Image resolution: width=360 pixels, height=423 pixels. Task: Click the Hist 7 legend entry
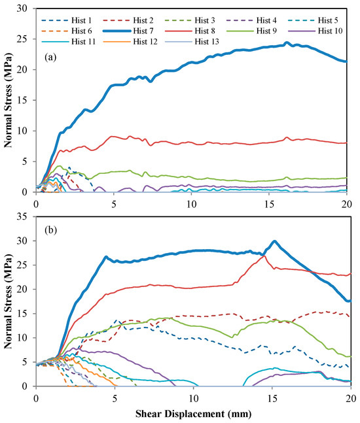coord(128,31)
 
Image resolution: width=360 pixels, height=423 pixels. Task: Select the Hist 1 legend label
coord(81,20)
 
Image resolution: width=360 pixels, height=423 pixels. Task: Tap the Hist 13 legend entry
coord(192,42)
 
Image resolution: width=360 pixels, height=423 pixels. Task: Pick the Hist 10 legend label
coord(330,31)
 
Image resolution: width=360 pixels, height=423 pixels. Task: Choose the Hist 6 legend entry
coord(67,31)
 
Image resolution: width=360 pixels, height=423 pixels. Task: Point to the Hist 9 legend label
coord(266,31)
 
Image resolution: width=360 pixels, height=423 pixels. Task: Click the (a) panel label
coord(51,57)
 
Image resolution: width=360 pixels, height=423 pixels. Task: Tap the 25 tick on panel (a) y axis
coord(25,39)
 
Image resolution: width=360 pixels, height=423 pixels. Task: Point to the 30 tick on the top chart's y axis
coord(25,8)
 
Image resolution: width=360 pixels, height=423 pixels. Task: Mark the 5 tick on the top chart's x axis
coord(114,204)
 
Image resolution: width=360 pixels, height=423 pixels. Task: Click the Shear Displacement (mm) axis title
coord(193,414)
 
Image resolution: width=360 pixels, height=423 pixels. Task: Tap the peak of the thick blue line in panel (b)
coord(274,241)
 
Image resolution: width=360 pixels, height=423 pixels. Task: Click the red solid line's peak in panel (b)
coord(264,256)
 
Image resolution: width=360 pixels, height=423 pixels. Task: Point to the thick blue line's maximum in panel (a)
coord(287,42)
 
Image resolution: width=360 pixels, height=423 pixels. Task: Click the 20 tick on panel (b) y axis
coord(25,289)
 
